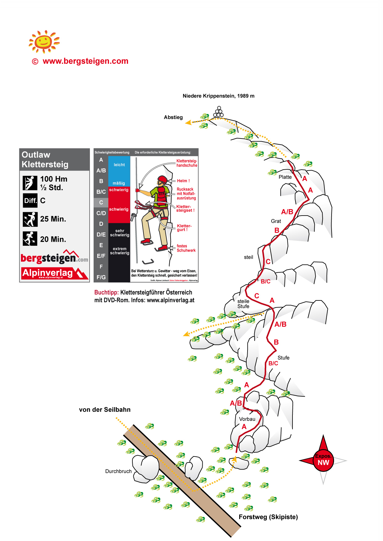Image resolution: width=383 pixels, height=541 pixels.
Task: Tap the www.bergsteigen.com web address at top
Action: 85,61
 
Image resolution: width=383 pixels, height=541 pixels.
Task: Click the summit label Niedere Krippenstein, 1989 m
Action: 218,96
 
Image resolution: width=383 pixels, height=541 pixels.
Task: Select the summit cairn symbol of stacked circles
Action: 219,112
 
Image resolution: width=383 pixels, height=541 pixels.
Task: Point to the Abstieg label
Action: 173,117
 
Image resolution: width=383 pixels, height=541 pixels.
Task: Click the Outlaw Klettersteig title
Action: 45,159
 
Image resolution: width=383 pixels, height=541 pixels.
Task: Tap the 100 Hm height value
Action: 54,179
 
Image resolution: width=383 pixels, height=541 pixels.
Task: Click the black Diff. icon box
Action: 30,200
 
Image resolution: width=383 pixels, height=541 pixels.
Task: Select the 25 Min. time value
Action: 53,219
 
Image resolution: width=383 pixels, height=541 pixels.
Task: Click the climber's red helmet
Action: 162,180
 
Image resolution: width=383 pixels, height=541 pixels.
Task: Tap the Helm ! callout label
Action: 183,181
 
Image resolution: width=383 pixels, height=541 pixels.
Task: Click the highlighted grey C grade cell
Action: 101,202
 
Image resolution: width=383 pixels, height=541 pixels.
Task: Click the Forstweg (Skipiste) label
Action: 268,517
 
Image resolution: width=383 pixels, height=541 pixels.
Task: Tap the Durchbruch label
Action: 118,471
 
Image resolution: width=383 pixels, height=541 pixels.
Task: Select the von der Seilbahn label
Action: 105,410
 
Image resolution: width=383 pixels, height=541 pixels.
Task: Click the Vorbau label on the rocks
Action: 247,419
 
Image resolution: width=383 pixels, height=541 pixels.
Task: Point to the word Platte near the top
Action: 285,177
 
